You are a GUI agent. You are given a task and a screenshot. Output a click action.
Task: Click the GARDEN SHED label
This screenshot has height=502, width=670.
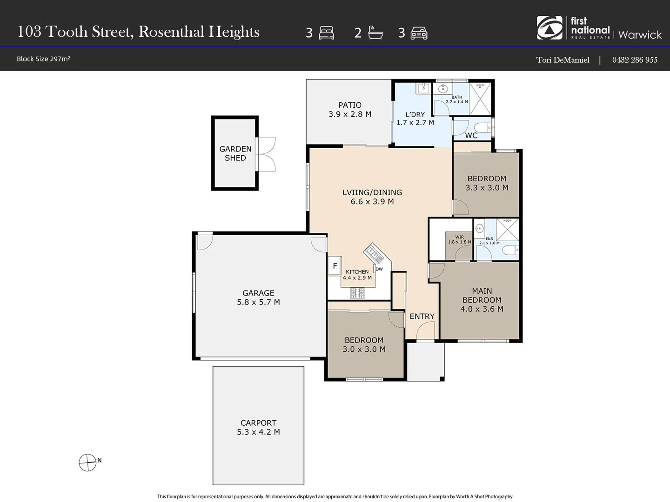235,153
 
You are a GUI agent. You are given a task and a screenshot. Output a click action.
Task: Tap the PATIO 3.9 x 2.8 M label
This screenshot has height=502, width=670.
350,110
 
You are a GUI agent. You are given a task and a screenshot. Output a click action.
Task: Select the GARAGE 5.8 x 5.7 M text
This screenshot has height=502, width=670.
258,297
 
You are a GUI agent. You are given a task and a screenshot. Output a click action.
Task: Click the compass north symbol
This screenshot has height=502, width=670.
87,462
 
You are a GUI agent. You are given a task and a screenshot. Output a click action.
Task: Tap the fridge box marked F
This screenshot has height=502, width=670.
335,266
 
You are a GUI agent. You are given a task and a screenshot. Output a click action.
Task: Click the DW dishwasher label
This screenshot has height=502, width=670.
379,269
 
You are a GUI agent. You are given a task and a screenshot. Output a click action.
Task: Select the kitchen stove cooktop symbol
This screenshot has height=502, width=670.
357,293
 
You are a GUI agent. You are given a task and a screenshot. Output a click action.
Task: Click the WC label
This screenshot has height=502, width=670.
471,136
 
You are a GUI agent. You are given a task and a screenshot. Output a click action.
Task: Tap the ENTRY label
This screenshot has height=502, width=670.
422,317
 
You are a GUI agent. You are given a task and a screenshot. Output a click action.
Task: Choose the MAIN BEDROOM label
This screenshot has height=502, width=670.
482,300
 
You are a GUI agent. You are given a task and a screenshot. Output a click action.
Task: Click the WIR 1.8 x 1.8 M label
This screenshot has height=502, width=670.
459,239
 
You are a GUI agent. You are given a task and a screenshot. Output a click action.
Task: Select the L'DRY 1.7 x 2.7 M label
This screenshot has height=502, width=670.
415,119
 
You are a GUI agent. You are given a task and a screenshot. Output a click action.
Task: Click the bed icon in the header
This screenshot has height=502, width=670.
326,33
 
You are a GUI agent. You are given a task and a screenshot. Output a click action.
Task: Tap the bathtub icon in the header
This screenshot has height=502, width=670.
375,33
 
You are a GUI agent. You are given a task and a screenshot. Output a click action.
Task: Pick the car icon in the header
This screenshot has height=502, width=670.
419,33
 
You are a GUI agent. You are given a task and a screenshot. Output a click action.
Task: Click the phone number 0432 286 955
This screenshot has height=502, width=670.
635,59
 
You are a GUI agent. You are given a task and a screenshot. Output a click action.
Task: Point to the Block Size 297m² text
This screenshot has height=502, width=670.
43,59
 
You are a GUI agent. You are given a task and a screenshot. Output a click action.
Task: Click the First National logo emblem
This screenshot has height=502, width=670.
549,28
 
